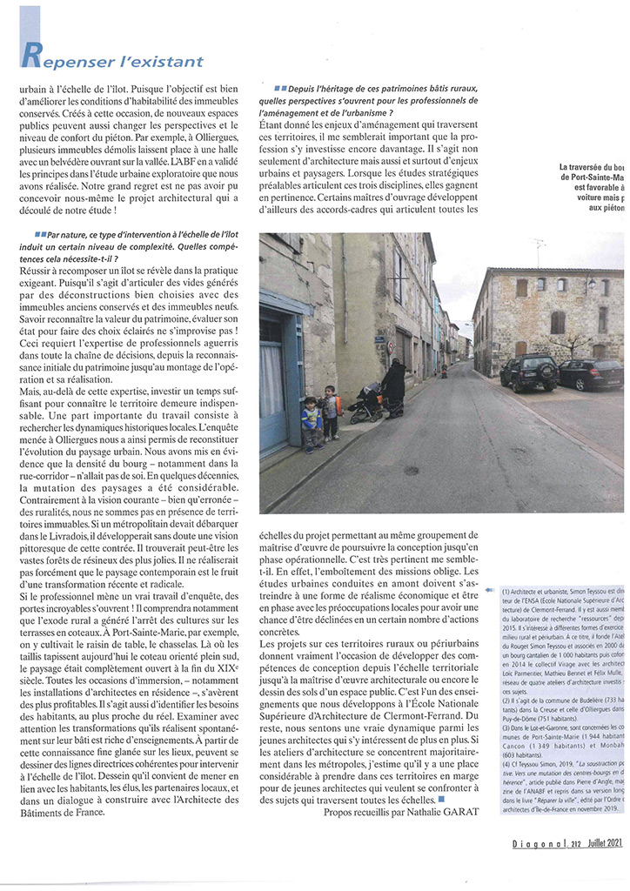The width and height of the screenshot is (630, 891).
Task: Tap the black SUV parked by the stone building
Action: (527, 372)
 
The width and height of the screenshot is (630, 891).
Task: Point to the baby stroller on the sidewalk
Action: (365, 403)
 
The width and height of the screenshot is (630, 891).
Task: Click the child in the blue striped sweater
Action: (312, 422)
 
